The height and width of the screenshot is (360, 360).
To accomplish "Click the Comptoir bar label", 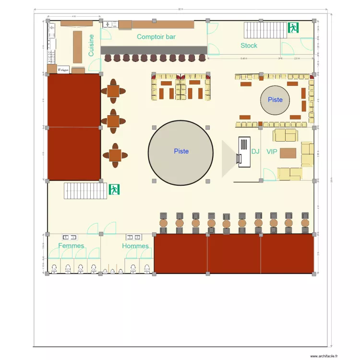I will (x=156, y=36).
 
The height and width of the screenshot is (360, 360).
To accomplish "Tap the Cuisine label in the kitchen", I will (x=91, y=45).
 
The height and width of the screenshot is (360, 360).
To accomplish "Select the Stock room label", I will (x=249, y=46).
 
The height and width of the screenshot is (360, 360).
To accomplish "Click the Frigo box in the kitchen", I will (x=63, y=70).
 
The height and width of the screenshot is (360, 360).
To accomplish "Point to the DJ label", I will (x=255, y=151).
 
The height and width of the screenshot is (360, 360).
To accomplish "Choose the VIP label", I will (x=272, y=151).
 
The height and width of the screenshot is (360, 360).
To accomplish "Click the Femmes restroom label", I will (x=71, y=246).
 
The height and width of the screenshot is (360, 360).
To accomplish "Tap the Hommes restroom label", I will (x=135, y=246).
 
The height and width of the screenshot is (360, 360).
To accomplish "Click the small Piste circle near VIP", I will (x=275, y=100).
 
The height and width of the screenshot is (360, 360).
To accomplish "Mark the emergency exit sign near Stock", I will (x=293, y=28).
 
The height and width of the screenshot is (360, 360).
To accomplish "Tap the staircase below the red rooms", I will (x=85, y=191).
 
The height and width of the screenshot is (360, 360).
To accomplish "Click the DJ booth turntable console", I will (x=244, y=152).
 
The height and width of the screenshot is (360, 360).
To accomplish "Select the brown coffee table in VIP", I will (x=288, y=153).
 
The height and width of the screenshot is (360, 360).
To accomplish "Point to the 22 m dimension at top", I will (x=180, y=9).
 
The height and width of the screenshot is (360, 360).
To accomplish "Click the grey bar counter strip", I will (x=154, y=50).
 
